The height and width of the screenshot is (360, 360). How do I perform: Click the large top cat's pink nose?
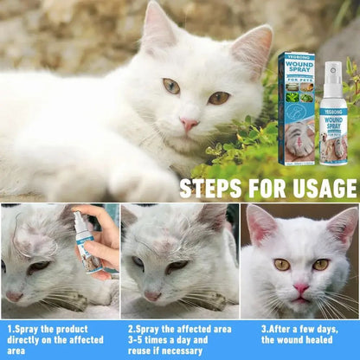tap(188, 124)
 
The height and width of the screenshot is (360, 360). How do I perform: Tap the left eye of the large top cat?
tap(171, 86)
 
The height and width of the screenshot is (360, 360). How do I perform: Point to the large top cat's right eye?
tap(218, 98)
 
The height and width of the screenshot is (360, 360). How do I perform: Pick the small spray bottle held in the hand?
tap(87, 247)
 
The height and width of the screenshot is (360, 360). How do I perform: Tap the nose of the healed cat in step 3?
tap(300, 286)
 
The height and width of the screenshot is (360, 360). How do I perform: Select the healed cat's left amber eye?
tap(282, 264)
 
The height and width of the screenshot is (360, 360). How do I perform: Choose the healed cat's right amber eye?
tap(320, 264)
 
